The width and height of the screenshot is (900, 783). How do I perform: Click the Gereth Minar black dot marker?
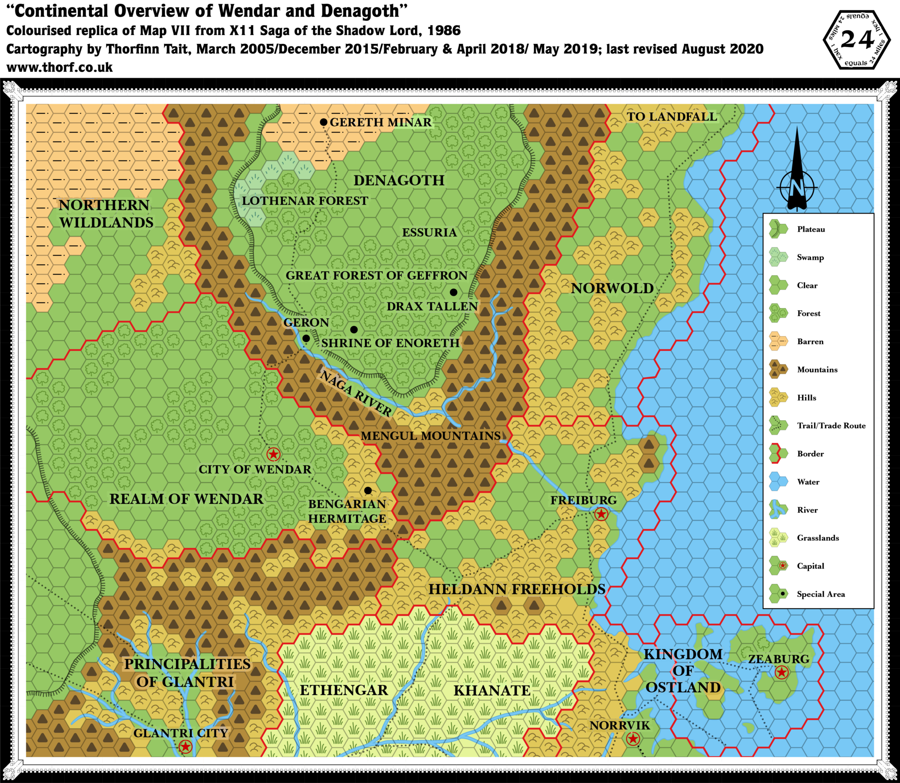point(323,122)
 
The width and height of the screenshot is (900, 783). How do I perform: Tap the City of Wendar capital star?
point(273,454)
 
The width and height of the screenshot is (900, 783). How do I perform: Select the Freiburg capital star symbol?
point(601,514)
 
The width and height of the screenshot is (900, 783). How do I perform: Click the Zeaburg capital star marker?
point(781,672)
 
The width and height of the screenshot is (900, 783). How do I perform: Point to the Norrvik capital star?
point(633,739)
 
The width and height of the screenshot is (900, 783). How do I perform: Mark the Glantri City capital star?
point(185,746)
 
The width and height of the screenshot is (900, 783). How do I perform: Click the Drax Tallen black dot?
point(454,292)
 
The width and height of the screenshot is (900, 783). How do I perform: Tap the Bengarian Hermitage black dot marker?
point(368,490)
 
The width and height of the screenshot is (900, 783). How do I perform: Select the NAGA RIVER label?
point(355,393)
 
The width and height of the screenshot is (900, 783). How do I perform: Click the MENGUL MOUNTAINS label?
point(431,436)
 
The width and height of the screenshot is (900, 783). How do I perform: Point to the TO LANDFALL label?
point(671,117)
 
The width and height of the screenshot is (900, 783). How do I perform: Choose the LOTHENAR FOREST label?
point(305,201)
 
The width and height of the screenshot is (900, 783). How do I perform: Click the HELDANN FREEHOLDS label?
point(517,589)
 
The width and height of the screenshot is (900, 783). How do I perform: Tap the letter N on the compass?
point(796,188)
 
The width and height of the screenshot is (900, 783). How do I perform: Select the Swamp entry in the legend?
point(810,257)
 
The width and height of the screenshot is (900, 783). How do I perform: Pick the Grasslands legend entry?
point(817,538)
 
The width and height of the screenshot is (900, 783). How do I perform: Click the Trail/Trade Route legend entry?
point(831,426)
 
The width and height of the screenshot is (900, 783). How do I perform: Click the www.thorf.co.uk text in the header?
point(61,67)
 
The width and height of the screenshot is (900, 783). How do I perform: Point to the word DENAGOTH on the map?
point(399,180)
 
